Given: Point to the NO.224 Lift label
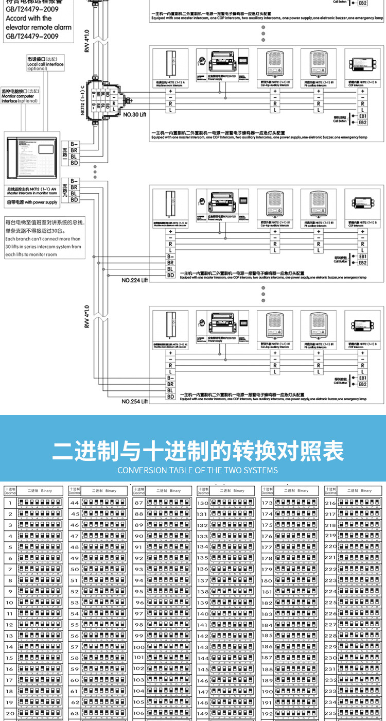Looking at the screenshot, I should [x=134, y=280].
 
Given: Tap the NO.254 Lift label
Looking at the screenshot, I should [x=134, y=401].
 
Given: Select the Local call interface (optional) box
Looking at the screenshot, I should [x=45, y=64].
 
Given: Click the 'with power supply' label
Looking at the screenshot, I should [x=31, y=202].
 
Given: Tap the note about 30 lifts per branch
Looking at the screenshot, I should [x=43, y=238].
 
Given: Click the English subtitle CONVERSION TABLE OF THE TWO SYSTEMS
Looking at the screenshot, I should [x=197, y=470].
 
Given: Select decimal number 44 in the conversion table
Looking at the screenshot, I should [x=75, y=503].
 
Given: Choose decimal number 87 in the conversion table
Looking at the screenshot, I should [x=138, y=503].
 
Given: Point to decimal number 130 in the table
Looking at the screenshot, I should [x=203, y=503].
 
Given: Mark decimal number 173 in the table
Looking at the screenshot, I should [x=267, y=503].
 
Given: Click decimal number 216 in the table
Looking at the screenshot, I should [x=330, y=503].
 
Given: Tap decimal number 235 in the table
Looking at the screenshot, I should [x=330, y=713].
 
